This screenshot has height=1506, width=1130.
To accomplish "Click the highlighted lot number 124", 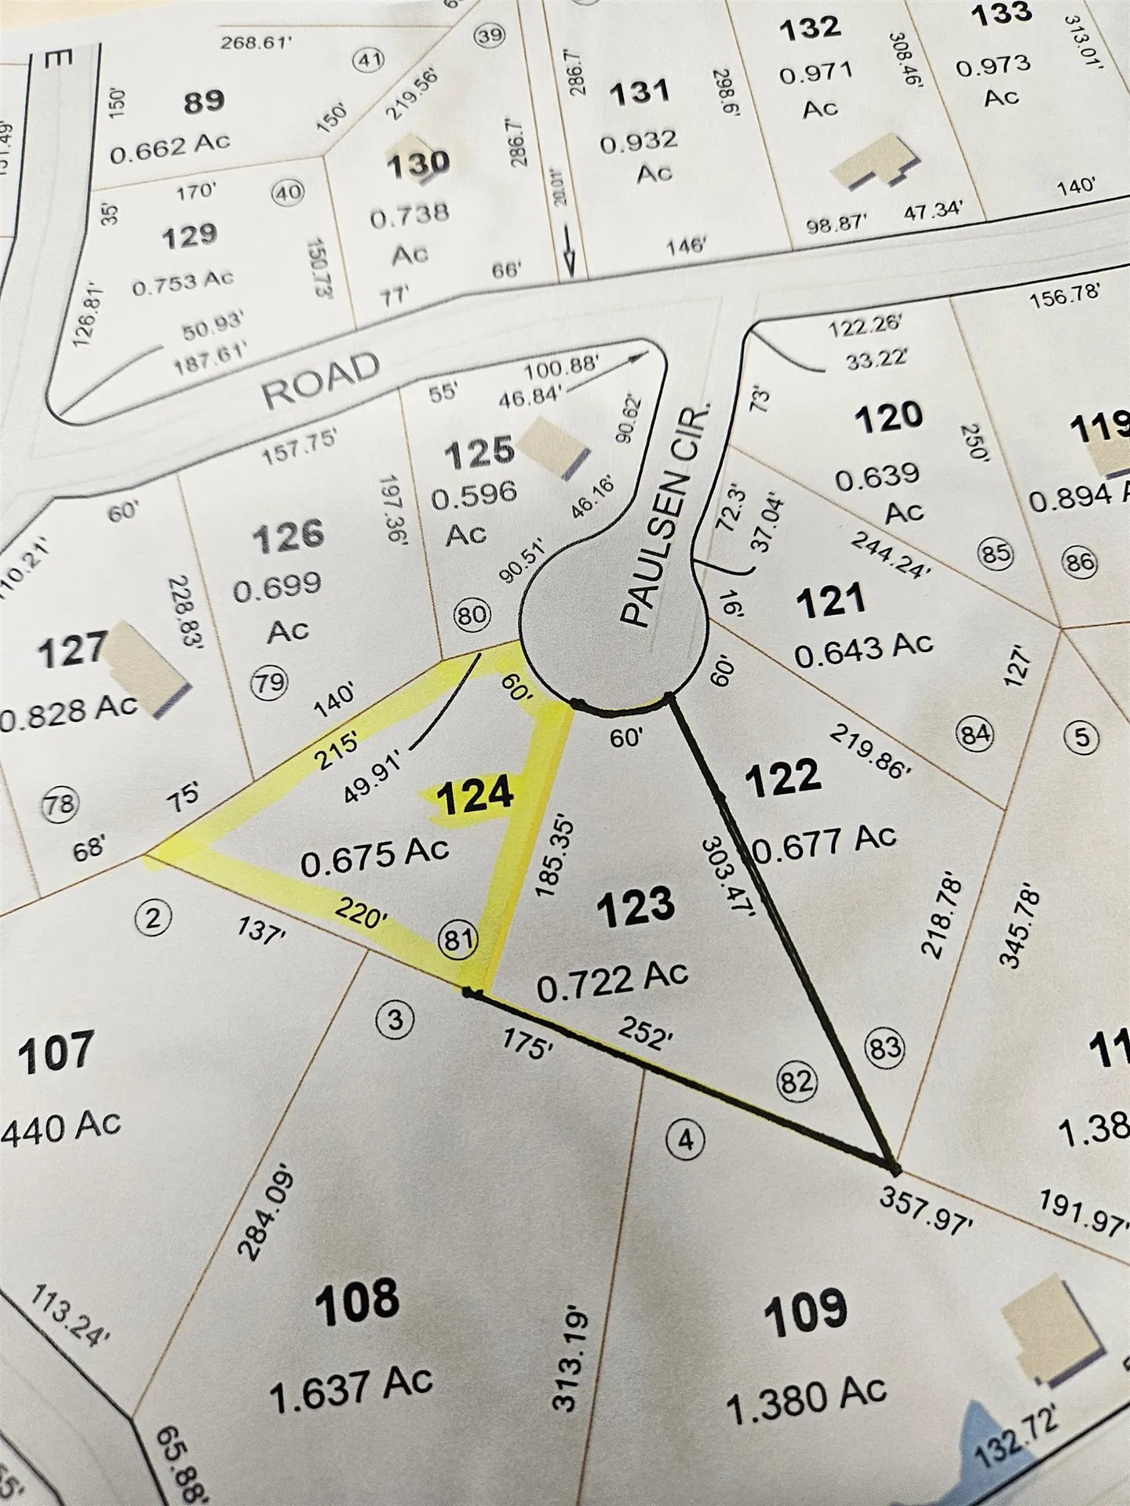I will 476,796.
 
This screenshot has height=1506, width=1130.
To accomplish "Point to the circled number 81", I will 457,939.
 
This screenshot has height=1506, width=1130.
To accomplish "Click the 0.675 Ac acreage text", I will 375,856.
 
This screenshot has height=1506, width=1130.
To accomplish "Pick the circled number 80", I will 472,614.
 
